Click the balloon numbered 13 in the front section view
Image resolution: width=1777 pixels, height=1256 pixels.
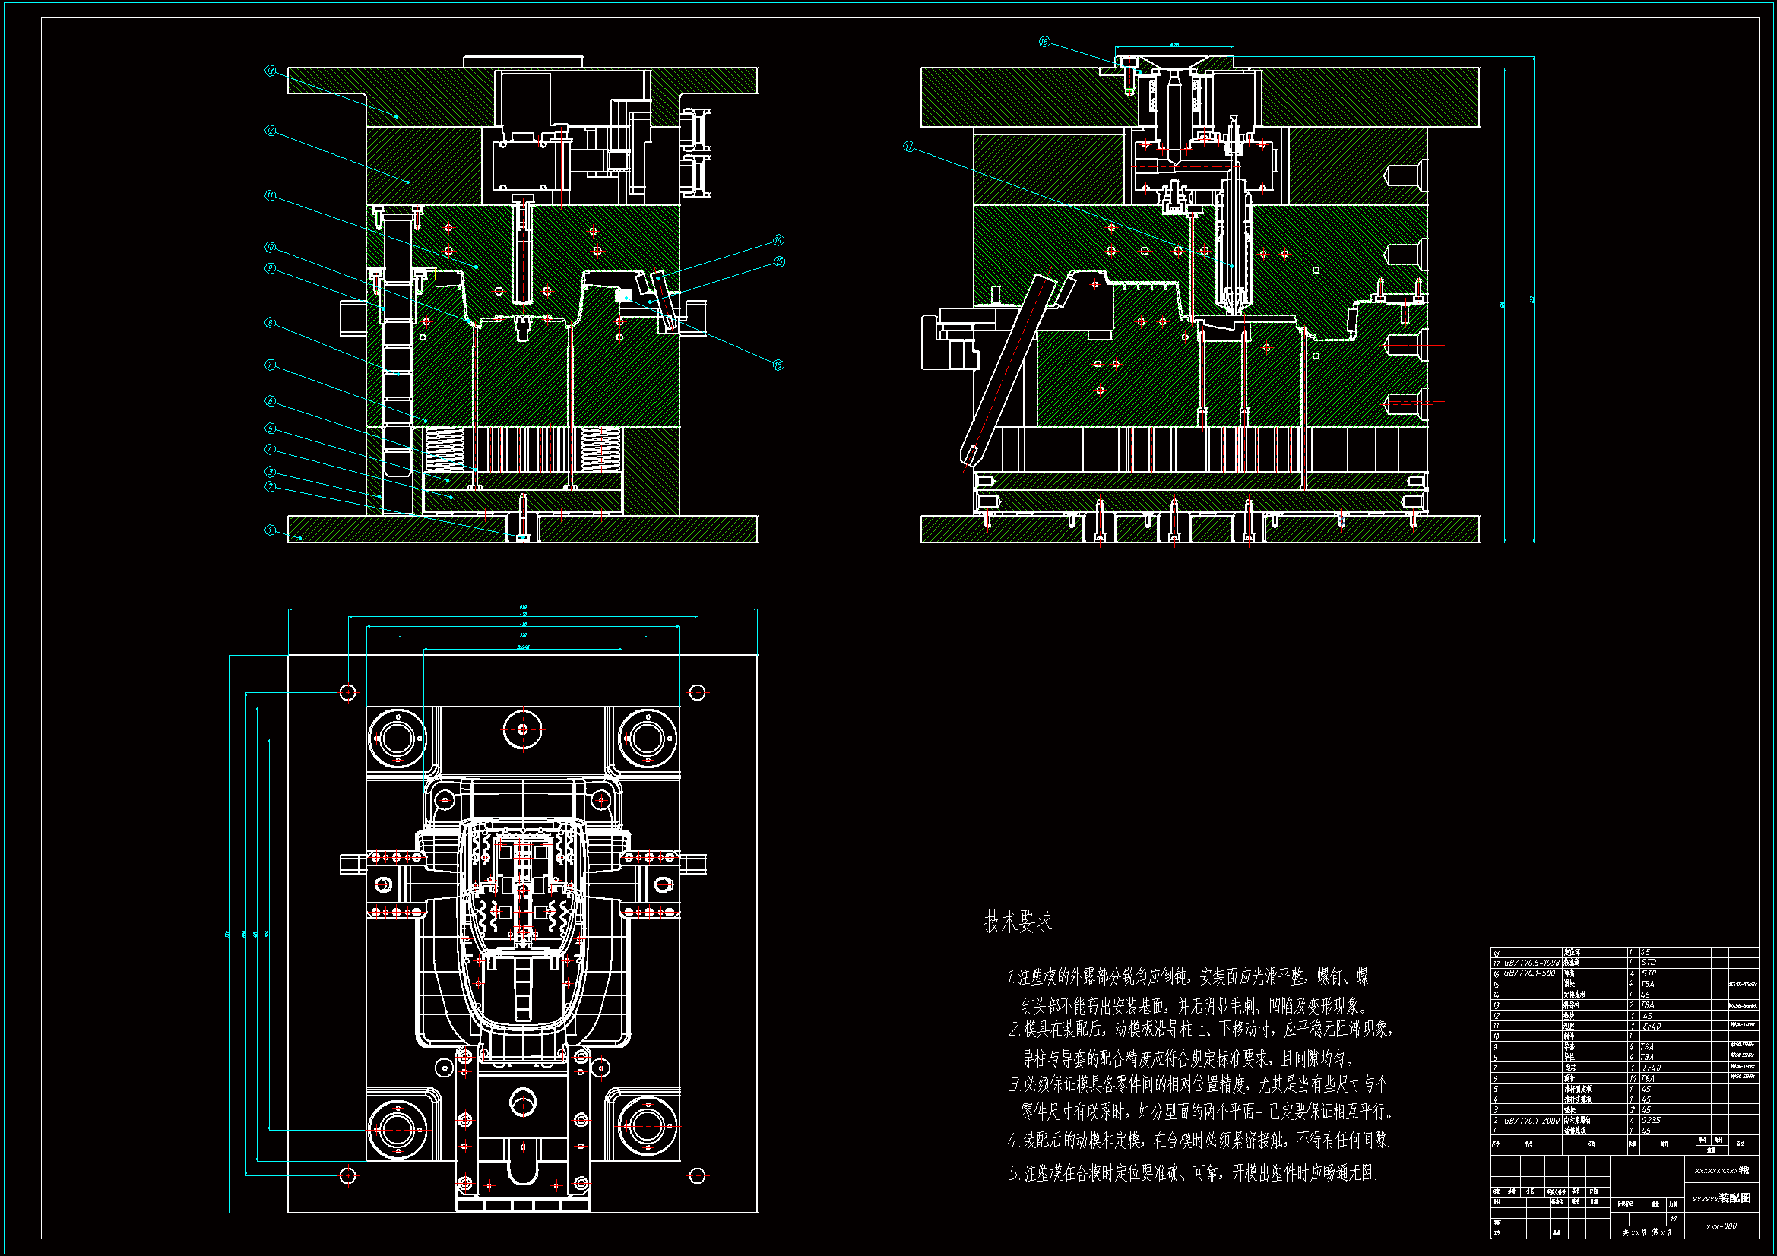click(270, 71)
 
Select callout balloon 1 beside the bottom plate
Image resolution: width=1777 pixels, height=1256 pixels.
click(270, 530)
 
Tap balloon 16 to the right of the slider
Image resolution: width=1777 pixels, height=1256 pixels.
click(778, 365)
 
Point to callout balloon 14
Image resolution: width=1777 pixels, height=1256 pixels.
click(778, 240)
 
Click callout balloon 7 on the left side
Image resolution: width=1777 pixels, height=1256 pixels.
click(270, 365)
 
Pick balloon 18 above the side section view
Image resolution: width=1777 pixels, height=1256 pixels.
click(1044, 42)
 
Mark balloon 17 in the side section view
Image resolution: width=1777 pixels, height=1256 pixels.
click(908, 146)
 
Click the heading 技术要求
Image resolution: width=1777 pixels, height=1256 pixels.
click(1018, 922)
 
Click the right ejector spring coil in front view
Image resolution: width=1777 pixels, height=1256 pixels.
click(600, 450)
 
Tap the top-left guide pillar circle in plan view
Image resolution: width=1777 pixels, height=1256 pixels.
click(398, 739)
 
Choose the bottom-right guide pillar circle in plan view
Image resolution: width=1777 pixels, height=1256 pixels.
click(647, 1129)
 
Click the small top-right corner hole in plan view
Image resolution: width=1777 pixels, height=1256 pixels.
click(697, 692)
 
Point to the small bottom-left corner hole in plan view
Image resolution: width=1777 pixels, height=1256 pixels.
click(348, 1175)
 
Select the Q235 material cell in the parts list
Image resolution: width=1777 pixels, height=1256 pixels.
click(1650, 1120)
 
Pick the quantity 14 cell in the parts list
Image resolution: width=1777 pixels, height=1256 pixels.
click(1633, 1078)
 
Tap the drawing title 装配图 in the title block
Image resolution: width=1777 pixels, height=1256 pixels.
click(1734, 1197)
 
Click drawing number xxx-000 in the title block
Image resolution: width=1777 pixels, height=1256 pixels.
click(1722, 1226)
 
